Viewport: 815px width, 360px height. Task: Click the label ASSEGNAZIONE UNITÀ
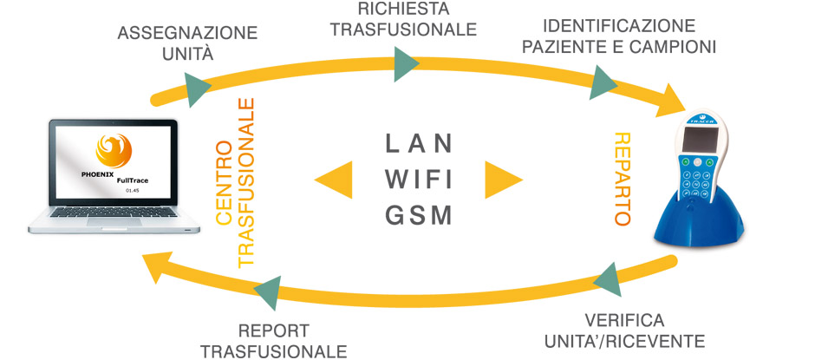(x=187, y=43)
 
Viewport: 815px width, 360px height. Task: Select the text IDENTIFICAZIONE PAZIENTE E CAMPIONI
(x=618, y=36)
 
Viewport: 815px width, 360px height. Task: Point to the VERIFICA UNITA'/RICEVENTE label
(x=624, y=330)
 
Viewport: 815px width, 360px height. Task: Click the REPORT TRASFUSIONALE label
(x=273, y=340)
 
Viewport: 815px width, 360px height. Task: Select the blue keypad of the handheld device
(x=701, y=183)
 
